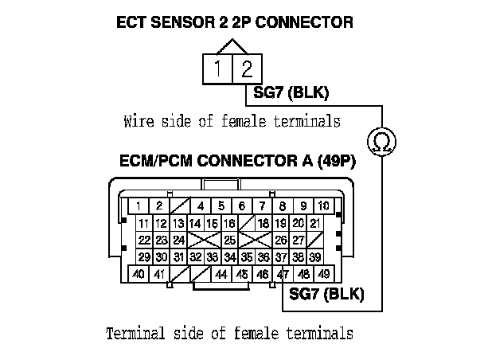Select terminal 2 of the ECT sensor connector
(x=245, y=69)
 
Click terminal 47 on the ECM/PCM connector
(x=283, y=275)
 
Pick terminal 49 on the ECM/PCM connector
(x=323, y=275)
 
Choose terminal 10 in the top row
(x=323, y=205)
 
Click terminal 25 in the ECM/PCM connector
(x=229, y=240)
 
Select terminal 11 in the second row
(x=143, y=223)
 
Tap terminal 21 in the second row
(x=316, y=223)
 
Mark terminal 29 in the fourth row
(x=143, y=257)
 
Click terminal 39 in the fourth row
(x=316, y=257)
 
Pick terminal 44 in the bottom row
(x=222, y=275)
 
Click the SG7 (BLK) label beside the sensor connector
(x=290, y=93)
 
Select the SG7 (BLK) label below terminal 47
(x=326, y=295)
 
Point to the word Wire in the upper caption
(x=138, y=122)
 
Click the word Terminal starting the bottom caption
(x=135, y=332)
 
